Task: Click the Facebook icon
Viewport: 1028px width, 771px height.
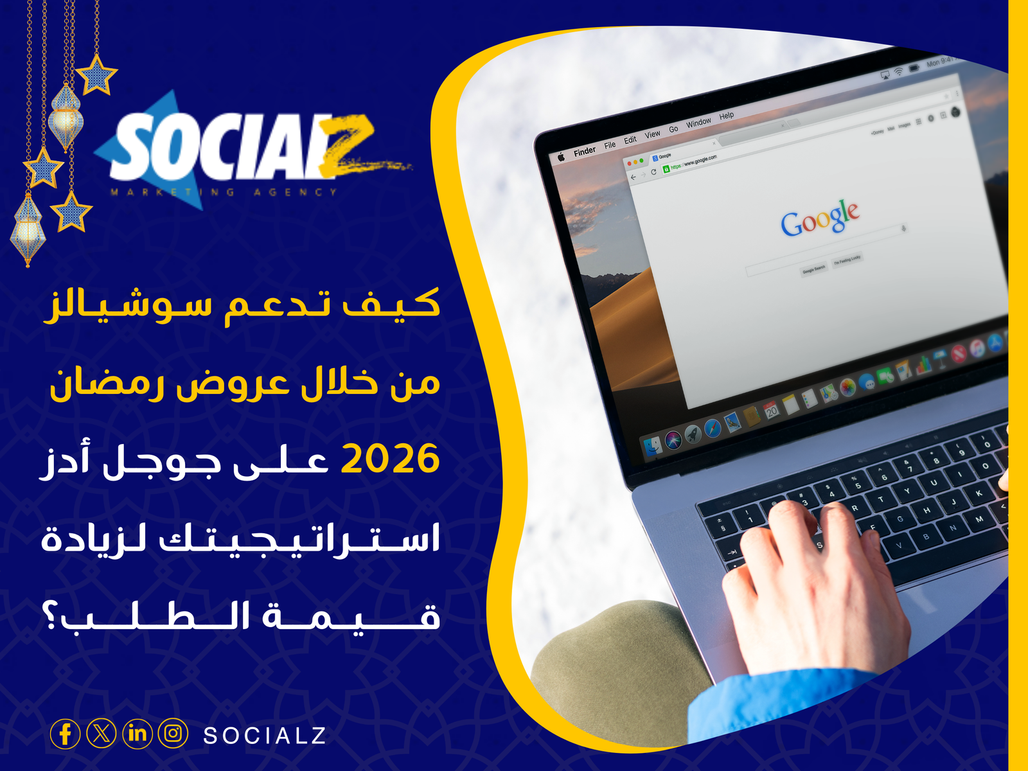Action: [x=65, y=734]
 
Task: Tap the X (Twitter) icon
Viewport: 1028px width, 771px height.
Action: [x=101, y=733]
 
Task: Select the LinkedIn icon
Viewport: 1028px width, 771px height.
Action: [x=137, y=733]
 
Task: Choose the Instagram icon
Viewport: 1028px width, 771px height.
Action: [x=173, y=733]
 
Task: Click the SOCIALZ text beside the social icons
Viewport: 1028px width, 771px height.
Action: [x=265, y=736]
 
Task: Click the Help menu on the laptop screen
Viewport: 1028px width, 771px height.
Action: [x=727, y=116]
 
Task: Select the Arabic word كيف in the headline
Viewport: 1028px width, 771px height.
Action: [x=392, y=304]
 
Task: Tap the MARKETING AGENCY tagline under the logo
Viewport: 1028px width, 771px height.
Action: [x=223, y=192]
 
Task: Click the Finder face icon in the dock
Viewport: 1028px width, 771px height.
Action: [x=652, y=447]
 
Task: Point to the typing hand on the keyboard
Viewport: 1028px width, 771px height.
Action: [x=810, y=585]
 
